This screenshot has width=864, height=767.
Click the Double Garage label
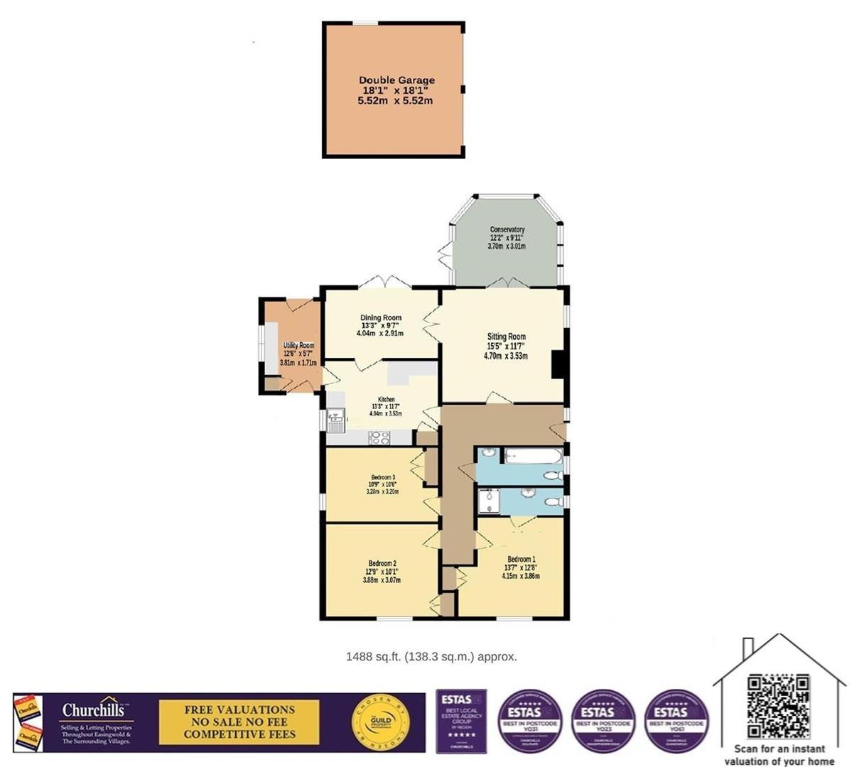click(x=396, y=80)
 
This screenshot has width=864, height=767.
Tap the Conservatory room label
click(x=507, y=230)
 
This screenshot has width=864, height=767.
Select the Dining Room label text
click(x=381, y=318)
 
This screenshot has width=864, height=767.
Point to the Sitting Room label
click(x=506, y=337)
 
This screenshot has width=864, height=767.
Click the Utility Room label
click(x=298, y=346)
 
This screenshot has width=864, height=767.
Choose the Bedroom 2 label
click(x=382, y=564)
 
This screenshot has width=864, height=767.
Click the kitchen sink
click(x=335, y=421)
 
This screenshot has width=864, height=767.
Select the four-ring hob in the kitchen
click(x=379, y=438)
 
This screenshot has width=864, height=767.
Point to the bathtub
click(x=533, y=456)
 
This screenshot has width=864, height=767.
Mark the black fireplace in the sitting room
click(x=559, y=366)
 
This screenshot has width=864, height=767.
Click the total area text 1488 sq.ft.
click(x=431, y=657)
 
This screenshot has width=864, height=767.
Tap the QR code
click(x=778, y=707)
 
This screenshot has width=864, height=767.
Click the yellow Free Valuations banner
click(x=239, y=722)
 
